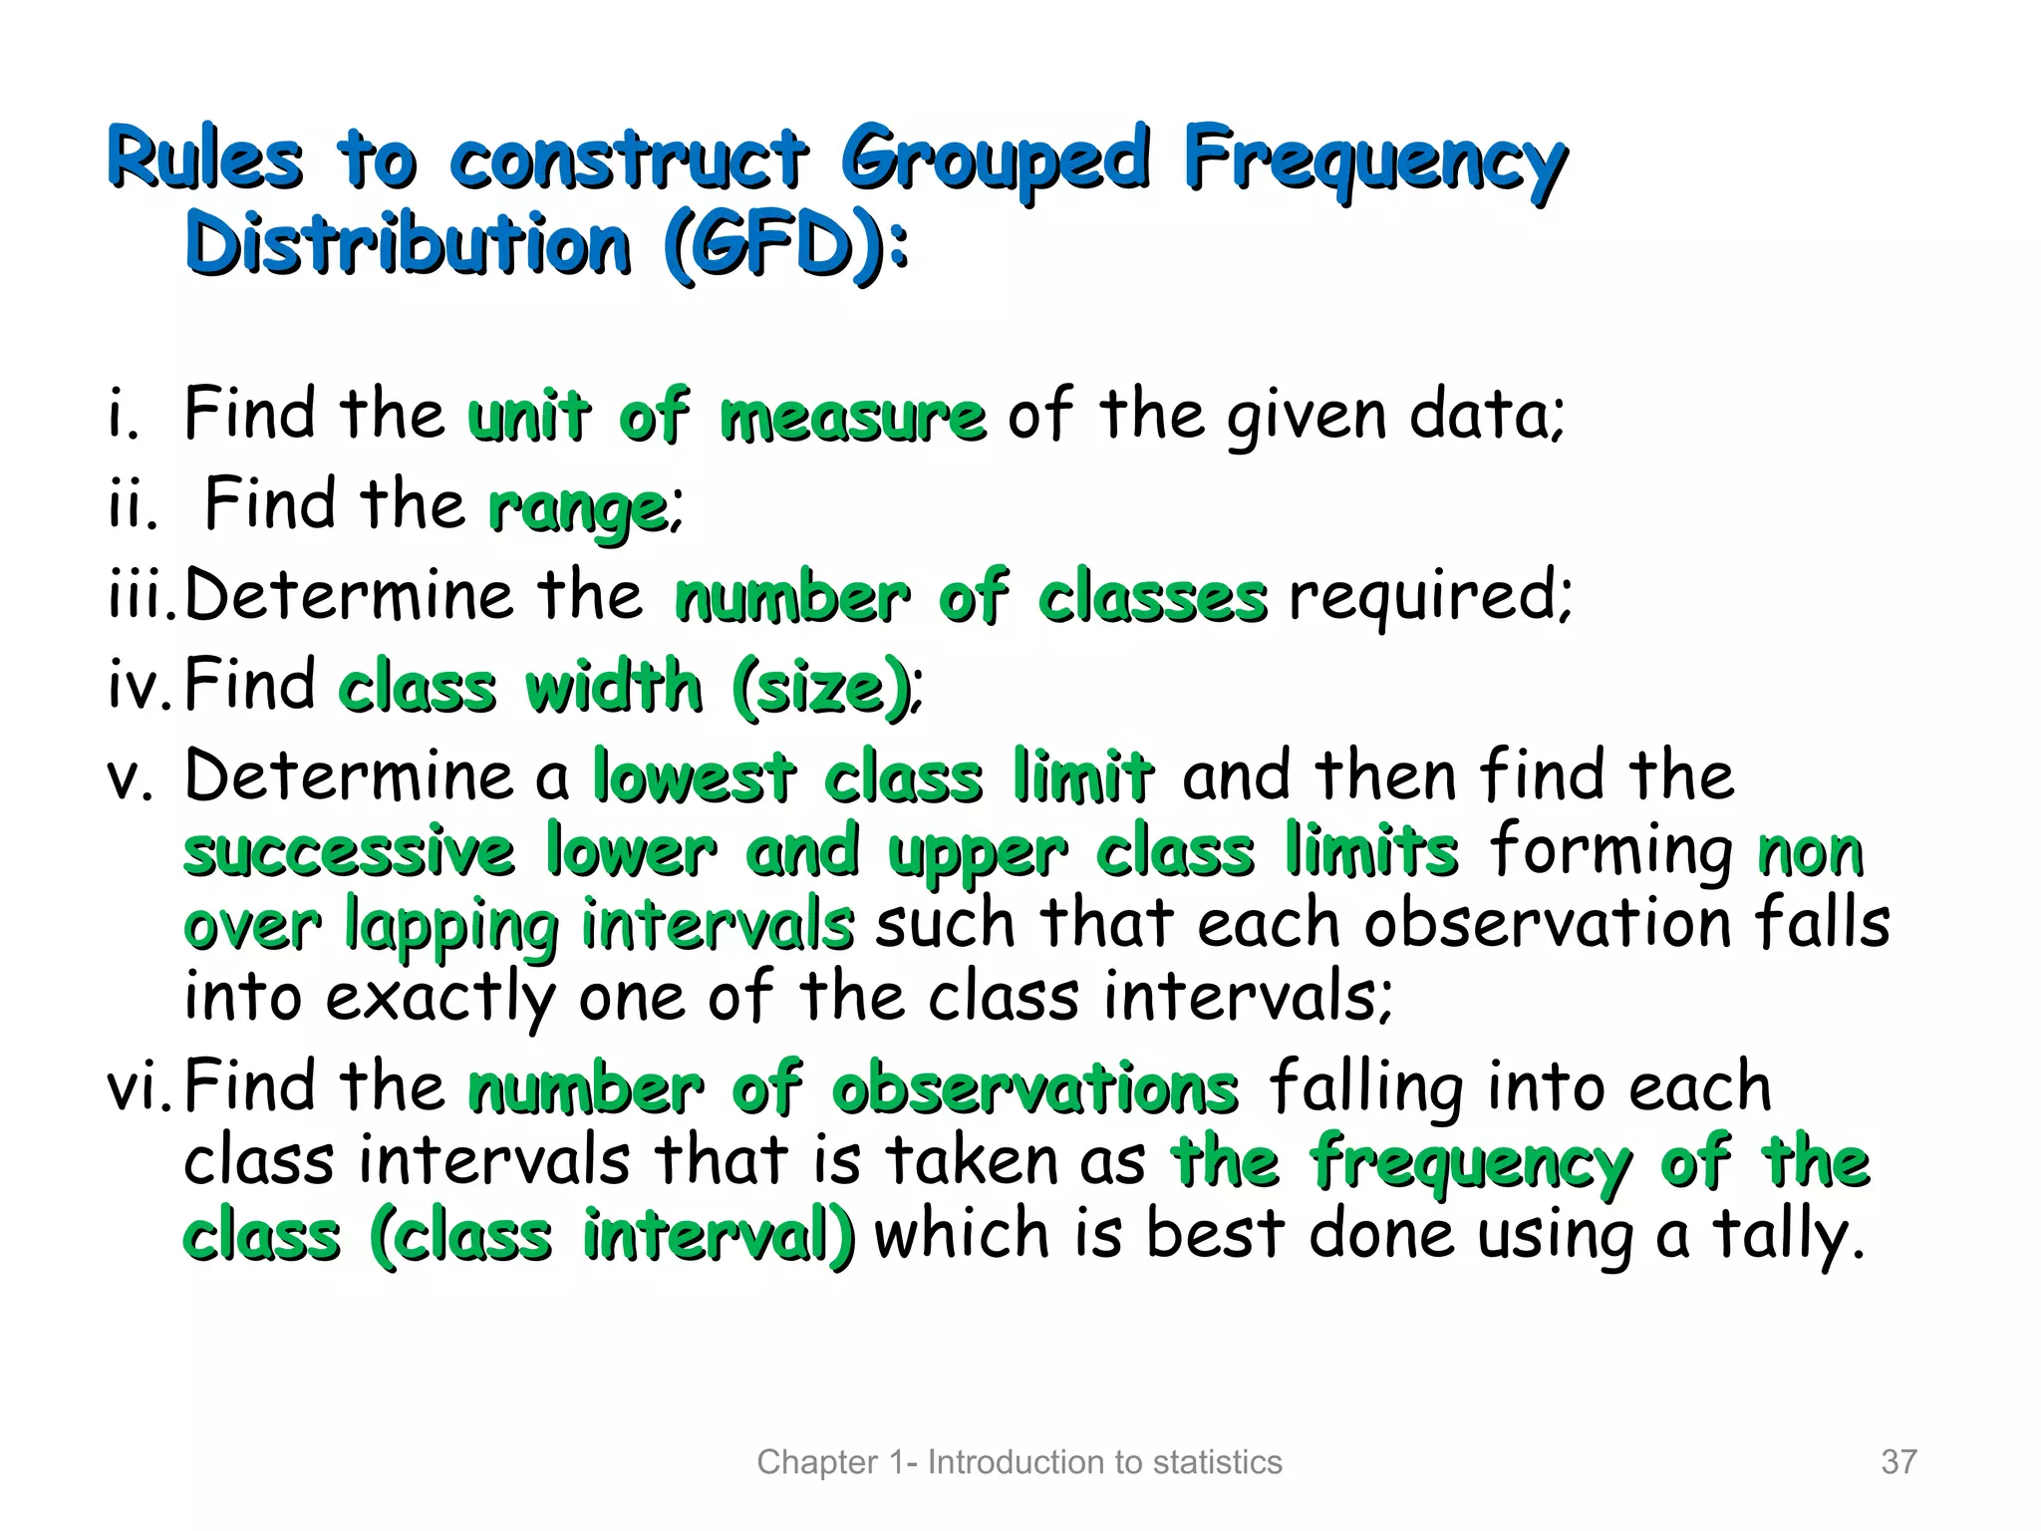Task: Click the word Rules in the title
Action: coord(204,159)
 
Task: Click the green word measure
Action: coord(853,417)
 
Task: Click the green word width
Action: coord(614,687)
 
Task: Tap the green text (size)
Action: coord(820,688)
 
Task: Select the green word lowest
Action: coord(695,776)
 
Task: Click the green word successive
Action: coord(350,852)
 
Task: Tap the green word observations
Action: coord(1035,1087)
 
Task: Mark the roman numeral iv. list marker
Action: coord(140,687)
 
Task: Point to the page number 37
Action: coord(1898,1462)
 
